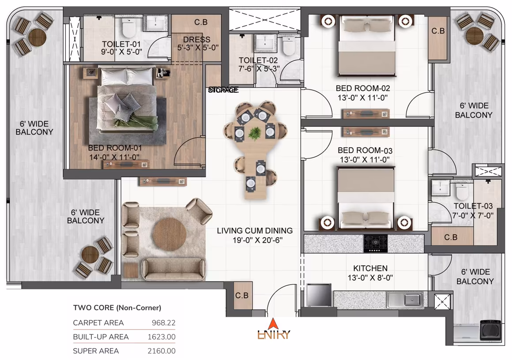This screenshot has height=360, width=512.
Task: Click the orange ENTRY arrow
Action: [x=273, y=324]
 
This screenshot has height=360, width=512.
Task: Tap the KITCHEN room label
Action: [x=370, y=268]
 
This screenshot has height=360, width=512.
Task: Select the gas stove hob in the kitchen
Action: [x=376, y=243]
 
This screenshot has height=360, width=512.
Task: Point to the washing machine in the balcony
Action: [x=491, y=330]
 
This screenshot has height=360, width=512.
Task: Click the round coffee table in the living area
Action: [x=170, y=234]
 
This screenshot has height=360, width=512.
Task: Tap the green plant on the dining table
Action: [x=255, y=133]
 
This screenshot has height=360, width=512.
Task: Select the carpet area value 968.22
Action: [x=163, y=323]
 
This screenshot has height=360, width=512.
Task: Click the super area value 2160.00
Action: [x=161, y=351]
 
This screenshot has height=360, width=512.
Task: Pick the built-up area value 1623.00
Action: [x=161, y=337]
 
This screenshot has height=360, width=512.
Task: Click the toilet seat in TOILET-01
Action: [x=128, y=28]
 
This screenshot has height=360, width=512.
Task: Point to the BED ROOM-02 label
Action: [x=363, y=88]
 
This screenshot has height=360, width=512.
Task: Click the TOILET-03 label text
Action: [x=473, y=206]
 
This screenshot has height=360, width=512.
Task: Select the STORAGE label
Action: [x=223, y=90]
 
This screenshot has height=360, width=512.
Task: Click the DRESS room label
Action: [x=196, y=40]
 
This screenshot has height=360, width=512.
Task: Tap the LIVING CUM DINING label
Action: [x=255, y=230]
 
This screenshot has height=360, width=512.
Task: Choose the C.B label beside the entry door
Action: [x=241, y=296]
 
